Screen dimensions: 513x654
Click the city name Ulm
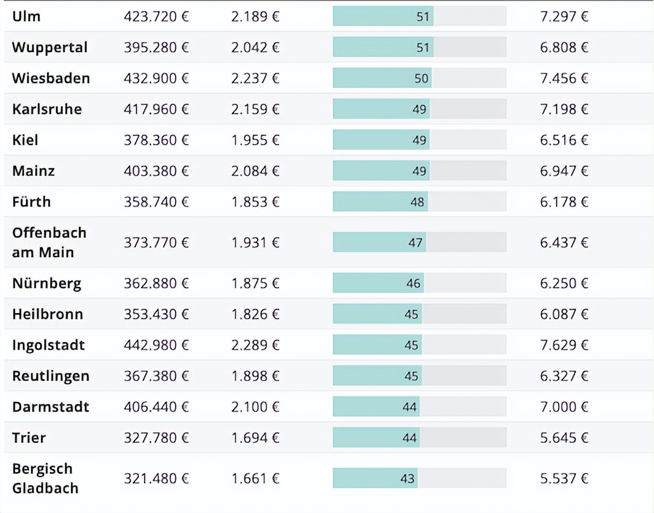(x=27, y=16)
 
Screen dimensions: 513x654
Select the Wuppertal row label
(x=50, y=47)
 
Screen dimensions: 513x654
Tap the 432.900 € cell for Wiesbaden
(x=156, y=78)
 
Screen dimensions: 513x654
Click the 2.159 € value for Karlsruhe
(x=255, y=109)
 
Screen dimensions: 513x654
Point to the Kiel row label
(x=25, y=140)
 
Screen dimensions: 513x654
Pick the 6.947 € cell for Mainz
(x=564, y=171)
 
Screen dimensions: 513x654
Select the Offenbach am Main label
(x=49, y=242)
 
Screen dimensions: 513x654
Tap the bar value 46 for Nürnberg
(x=414, y=283)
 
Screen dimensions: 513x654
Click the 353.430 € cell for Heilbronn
(x=156, y=314)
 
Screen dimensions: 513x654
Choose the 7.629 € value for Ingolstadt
(x=564, y=345)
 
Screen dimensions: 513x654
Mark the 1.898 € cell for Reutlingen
(x=255, y=376)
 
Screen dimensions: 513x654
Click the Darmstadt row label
(x=51, y=407)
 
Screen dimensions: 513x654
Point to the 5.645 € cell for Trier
(x=564, y=438)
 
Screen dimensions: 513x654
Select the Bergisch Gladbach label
(x=45, y=478)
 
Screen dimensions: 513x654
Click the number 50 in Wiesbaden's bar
(x=422, y=78)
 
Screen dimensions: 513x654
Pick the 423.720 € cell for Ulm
(x=156, y=16)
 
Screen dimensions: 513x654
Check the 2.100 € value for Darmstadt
(x=255, y=407)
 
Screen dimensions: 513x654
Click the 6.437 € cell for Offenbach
(x=564, y=243)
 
